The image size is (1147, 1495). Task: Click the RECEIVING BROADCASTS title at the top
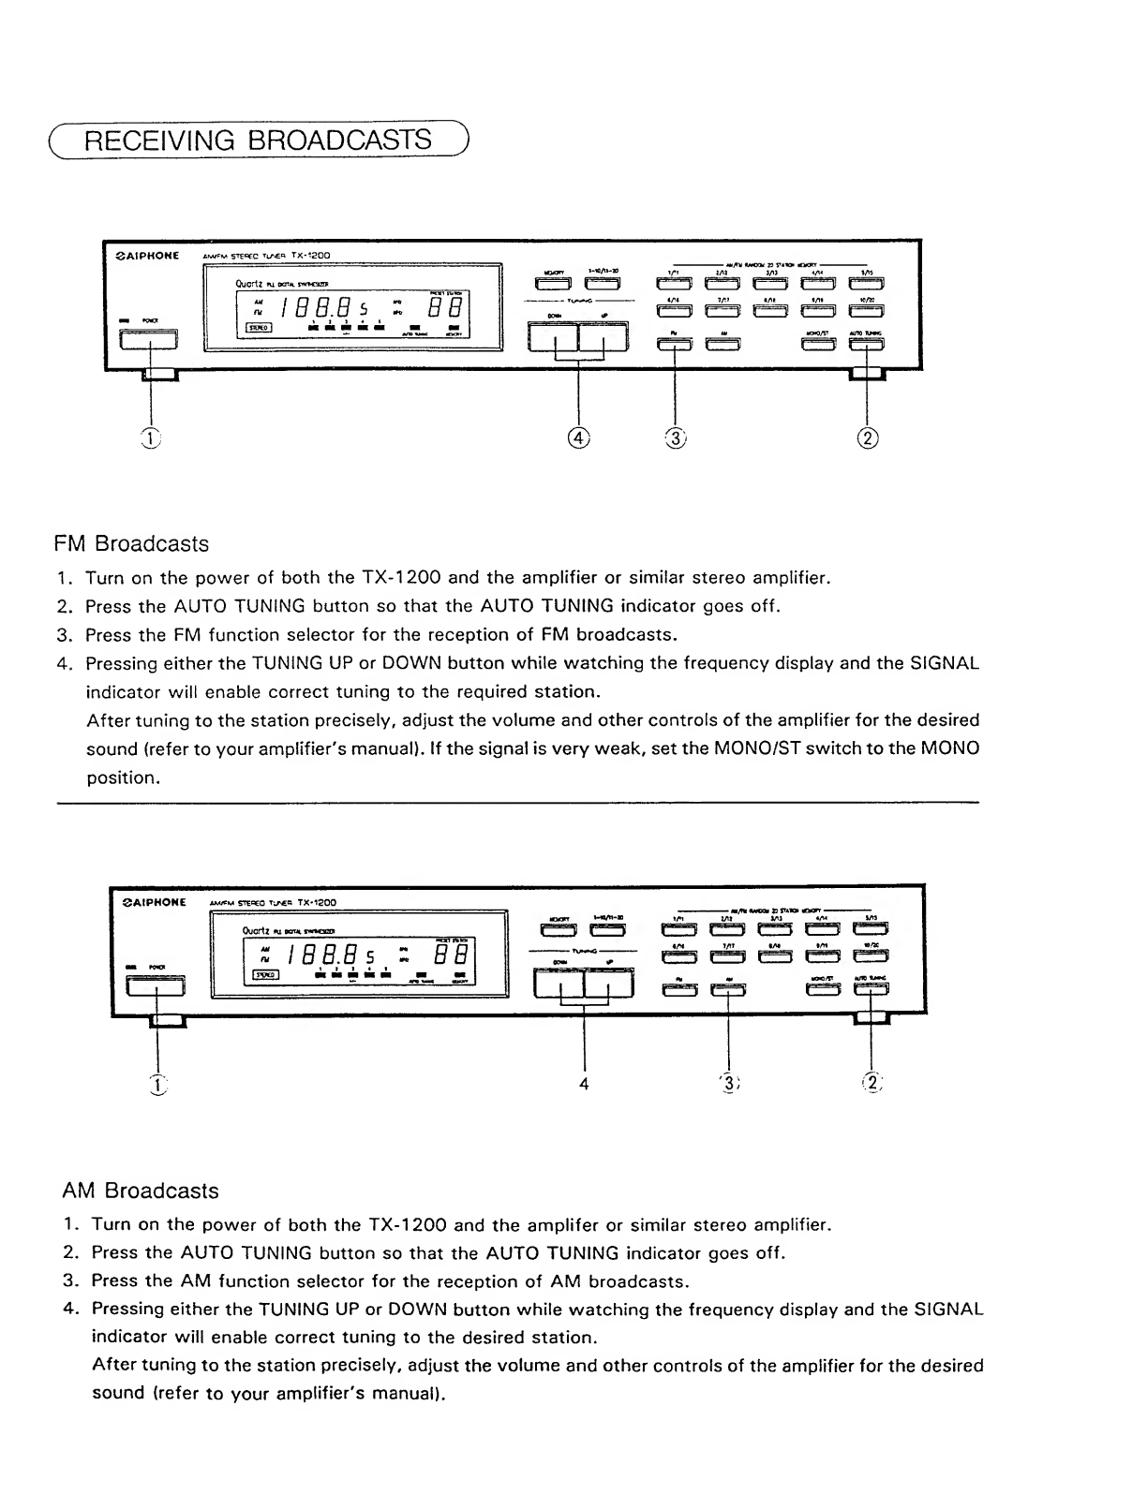coord(259,141)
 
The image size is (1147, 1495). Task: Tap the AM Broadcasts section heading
coord(140,1192)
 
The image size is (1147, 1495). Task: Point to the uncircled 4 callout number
coord(584,1083)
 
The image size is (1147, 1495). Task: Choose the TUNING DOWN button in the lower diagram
coord(559,984)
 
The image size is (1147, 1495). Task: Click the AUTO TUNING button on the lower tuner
coord(871,989)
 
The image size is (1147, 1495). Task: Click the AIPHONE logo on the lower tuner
coord(156,902)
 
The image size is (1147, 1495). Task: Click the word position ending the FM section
coord(121,777)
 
